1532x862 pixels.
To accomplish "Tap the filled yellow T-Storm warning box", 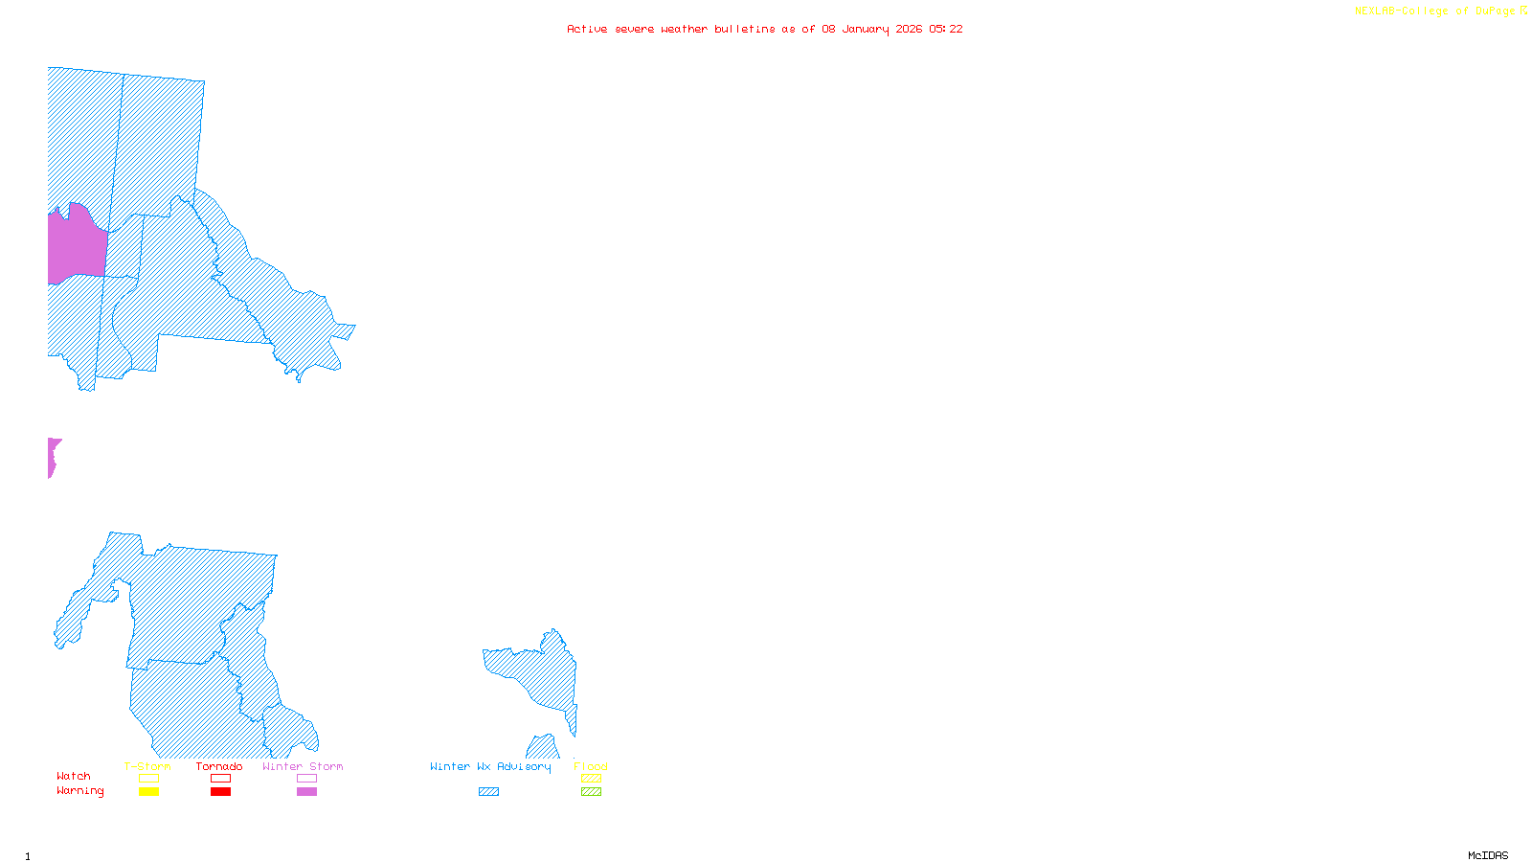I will (x=148, y=792).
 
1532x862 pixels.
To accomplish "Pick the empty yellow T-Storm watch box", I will (x=148, y=779).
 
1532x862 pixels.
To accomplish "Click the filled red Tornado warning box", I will (x=221, y=792).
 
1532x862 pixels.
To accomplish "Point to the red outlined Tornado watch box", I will (x=221, y=779).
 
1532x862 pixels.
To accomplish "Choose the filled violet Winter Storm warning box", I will (x=306, y=792).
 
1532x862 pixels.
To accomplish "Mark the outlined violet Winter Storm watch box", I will (x=306, y=779).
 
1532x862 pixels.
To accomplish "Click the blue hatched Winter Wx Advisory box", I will (x=488, y=792).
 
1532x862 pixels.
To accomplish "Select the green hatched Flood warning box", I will (x=592, y=792).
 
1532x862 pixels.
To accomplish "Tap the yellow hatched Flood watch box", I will (x=592, y=779).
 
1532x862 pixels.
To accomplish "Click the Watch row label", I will (x=74, y=776).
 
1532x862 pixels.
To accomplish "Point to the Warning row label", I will (x=79, y=791).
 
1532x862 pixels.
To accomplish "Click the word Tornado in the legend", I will (x=219, y=766).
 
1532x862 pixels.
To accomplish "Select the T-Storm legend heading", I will (x=147, y=766).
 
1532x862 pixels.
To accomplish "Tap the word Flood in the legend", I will (x=591, y=766).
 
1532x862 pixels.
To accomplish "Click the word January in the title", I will (x=866, y=29).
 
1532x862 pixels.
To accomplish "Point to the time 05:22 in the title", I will (x=946, y=29).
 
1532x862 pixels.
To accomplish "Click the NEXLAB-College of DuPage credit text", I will (x=1435, y=11).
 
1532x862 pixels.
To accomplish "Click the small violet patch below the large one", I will (x=53, y=456).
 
